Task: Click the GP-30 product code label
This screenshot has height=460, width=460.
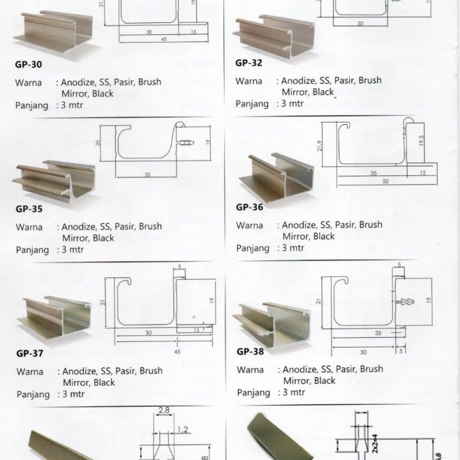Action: [x=28, y=65]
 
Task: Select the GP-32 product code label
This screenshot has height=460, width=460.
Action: [x=249, y=64]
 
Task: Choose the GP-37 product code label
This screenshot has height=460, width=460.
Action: [x=29, y=353]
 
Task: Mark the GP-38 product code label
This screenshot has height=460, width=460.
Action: [x=250, y=352]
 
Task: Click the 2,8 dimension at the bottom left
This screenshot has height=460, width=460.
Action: [x=164, y=411]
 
